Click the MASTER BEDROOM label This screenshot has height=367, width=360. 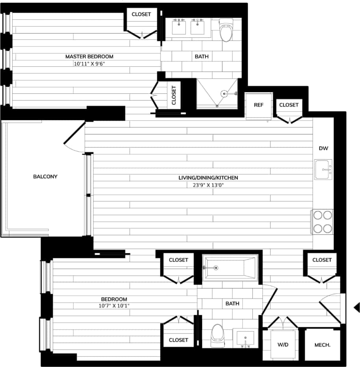click(x=89, y=56)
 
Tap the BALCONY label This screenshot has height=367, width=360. click(x=45, y=176)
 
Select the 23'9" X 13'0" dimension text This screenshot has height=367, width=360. click(x=208, y=184)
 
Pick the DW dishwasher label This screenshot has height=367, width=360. click(x=323, y=149)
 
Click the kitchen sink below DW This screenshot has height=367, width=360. click(x=323, y=170)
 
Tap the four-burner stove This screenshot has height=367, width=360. click(x=322, y=222)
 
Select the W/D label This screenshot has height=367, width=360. click(x=283, y=345)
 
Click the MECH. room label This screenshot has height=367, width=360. click(x=322, y=345)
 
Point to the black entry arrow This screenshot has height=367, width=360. click(x=357, y=307)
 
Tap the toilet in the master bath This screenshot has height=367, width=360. click(x=226, y=31)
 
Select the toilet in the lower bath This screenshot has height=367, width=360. click(x=217, y=335)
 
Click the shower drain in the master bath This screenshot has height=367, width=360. click(x=224, y=94)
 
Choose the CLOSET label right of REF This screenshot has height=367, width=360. click(x=289, y=105)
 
